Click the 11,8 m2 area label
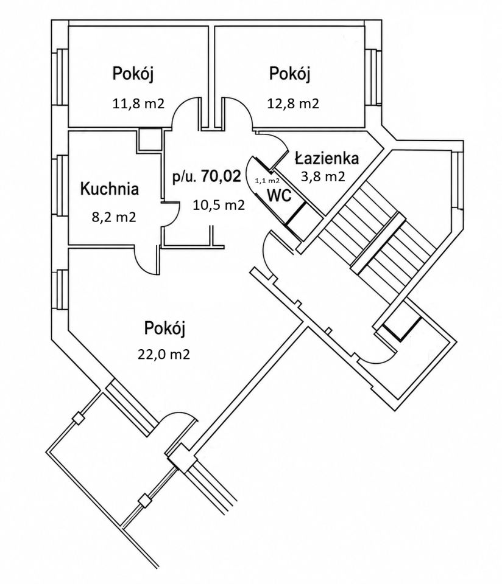pyautogui.click(x=138, y=103)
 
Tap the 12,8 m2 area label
pyautogui.click(x=293, y=103)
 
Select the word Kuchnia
pyautogui.click(x=110, y=189)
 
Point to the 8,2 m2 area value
pyautogui.click(x=114, y=217)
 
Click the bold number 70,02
pyautogui.click(x=221, y=176)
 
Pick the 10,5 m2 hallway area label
pyautogui.click(x=219, y=205)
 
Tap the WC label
pyautogui.click(x=279, y=195)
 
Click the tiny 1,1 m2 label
pyautogui.click(x=267, y=181)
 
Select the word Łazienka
pyautogui.click(x=327, y=158)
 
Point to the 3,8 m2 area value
pyautogui.click(x=323, y=176)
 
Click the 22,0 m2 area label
pyautogui.click(x=164, y=354)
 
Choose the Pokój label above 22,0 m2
pyautogui.click(x=164, y=329)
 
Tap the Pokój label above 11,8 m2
pyautogui.click(x=133, y=74)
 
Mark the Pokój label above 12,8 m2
pyautogui.click(x=290, y=74)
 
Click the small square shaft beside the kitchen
pyautogui.click(x=149, y=139)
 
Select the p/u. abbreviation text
pyautogui.click(x=184, y=178)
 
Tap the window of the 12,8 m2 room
pyautogui.click(x=373, y=77)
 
